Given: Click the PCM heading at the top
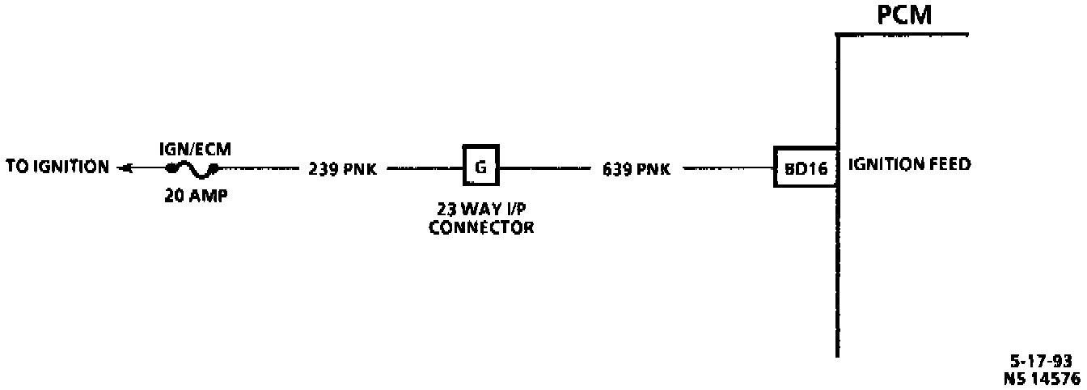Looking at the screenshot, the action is [x=904, y=15].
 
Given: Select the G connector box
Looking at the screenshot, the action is [x=480, y=167].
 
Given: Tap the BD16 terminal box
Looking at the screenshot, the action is [x=805, y=168].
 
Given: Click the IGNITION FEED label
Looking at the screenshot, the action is [x=909, y=165].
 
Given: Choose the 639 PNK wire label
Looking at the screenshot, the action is [x=636, y=170].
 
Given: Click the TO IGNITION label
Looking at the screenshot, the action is [x=57, y=167].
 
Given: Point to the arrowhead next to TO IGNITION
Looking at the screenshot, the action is [x=123, y=168].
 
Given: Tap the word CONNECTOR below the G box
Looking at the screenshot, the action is [x=481, y=227].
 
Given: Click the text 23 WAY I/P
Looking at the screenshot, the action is [x=481, y=213].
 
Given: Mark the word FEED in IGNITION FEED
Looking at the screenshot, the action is [x=950, y=165].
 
